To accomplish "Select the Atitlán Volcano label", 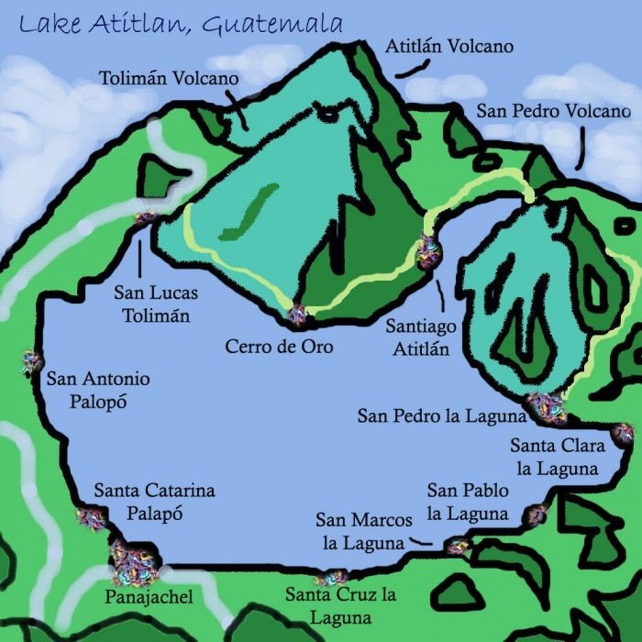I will pos(448,45).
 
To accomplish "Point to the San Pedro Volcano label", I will pos(553,111).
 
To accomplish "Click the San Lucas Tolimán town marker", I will pos(145,218).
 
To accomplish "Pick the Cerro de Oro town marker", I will pos(297,316).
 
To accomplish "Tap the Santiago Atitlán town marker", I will pos(428,249).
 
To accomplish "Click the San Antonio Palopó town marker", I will pos(31,363).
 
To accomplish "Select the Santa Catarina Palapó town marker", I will pos(91,519).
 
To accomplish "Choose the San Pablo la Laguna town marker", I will pos(535,515).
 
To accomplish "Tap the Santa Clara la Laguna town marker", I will pos(623,432).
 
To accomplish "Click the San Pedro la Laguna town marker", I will pos(547,405).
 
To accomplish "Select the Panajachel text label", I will pos(149,598).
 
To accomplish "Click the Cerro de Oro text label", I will pos(279,347).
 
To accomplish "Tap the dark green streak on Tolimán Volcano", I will pos(248,211).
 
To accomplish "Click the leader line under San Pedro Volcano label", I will pos(581,147).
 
